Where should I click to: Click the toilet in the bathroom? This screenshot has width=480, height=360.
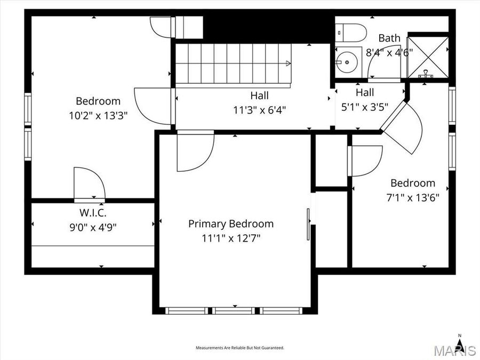[351, 33]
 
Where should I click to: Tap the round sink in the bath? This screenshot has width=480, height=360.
[346, 62]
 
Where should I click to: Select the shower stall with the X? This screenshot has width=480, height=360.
[427, 57]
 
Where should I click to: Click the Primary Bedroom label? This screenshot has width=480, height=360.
[230, 224]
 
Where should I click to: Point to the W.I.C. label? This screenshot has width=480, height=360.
[93, 214]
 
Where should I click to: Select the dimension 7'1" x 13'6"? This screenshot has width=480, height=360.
[412, 196]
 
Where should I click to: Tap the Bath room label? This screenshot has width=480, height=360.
[389, 38]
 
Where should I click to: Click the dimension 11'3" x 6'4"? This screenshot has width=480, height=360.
[260, 110]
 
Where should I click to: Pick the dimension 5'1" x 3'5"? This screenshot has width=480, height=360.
[365, 106]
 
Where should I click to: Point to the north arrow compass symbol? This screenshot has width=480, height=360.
[460, 338]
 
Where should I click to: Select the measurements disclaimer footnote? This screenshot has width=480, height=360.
[239, 348]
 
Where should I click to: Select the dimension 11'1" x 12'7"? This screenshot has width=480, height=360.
[230, 238]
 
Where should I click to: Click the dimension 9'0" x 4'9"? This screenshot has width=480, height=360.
[93, 227]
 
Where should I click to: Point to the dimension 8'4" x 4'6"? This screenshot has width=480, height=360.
[389, 52]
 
